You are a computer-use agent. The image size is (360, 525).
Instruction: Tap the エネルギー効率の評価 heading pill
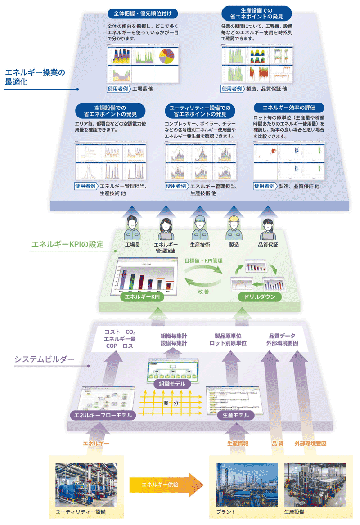[x=288, y=108]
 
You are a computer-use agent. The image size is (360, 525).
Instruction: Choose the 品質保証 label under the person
[x=268, y=246]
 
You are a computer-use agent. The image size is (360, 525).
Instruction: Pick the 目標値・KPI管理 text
[x=203, y=260]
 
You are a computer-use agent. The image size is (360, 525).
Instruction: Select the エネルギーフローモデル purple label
[x=103, y=415]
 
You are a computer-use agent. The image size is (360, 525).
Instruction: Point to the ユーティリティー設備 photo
[x=86, y=486]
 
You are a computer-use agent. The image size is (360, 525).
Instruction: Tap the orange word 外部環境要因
[x=310, y=444]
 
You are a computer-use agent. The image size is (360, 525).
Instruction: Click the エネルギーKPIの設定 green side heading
[x=67, y=245]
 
